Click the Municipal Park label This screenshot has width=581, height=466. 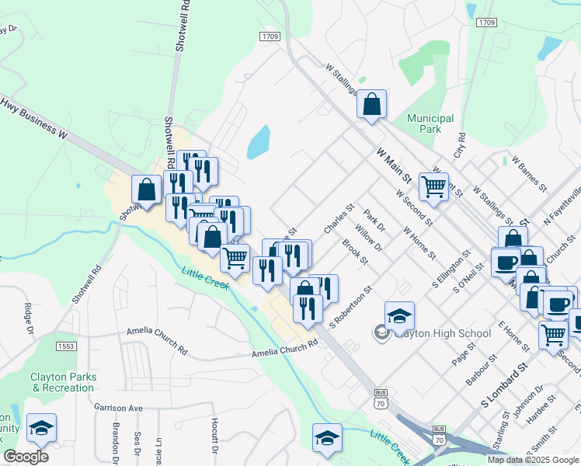(430, 123)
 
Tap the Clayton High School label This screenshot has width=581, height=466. (443, 333)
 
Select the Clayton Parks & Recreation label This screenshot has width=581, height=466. (64, 382)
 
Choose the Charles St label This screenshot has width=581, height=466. (339, 218)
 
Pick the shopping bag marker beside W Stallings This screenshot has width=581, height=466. (372, 104)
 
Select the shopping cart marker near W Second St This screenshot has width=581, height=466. (433, 186)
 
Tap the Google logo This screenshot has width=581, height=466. (26, 457)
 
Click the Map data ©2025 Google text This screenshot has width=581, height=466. (534, 460)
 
